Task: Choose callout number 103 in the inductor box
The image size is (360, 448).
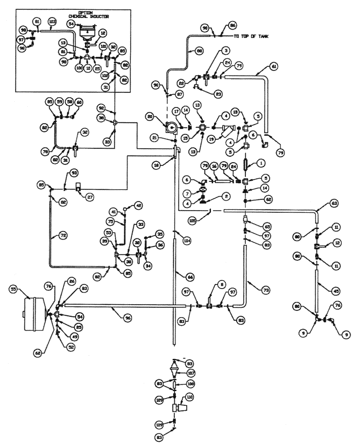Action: tap(52, 22)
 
